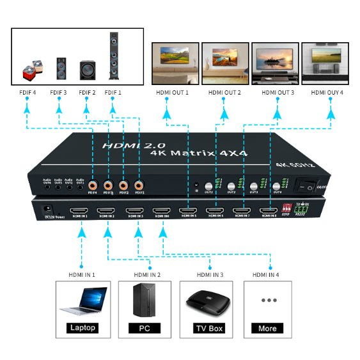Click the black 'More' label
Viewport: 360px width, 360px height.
point(267,328)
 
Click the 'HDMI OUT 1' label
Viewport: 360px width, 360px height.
point(172,93)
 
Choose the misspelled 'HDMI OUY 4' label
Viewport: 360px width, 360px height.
point(327,93)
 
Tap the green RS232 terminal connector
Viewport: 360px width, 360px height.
point(301,209)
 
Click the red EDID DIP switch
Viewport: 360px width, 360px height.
point(286,209)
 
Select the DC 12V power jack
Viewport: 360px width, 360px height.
point(46,209)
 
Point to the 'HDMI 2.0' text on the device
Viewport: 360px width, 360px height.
point(125,146)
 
